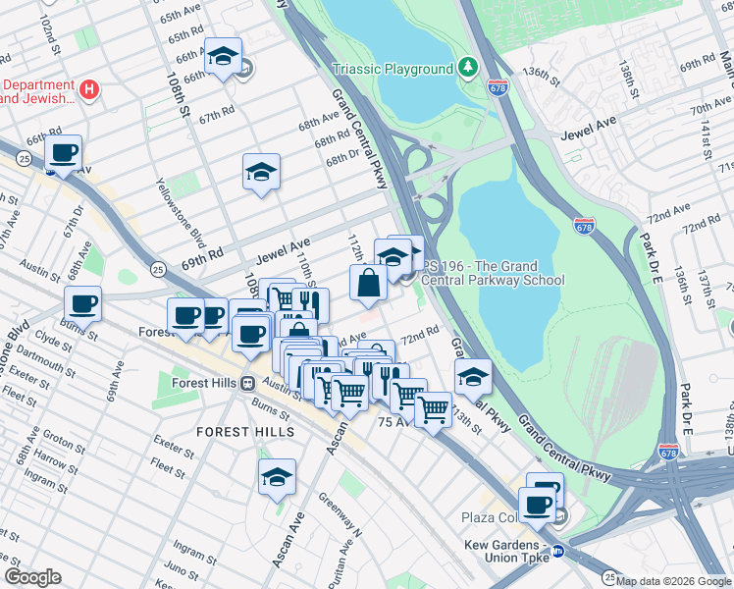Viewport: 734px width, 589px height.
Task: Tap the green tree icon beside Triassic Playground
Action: (469, 68)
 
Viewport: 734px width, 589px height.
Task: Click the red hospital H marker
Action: (89, 90)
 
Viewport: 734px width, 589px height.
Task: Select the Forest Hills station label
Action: (206, 384)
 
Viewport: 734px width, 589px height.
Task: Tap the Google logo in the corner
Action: (32, 577)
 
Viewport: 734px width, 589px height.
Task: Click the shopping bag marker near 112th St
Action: (368, 284)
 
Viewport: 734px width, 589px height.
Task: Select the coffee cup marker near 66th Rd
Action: (64, 153)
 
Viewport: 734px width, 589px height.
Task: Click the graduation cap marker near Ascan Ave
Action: (278, 478)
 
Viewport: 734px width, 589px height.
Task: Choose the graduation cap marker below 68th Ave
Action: (262, 173)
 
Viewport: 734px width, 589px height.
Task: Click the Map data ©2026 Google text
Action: (672, 581)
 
